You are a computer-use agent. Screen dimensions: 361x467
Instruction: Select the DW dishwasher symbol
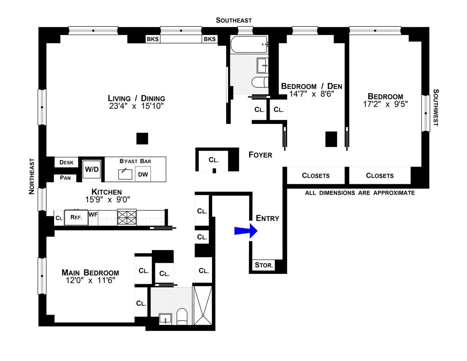coord(143,174)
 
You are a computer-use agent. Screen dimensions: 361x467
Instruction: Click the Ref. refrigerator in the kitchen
coord(76,218)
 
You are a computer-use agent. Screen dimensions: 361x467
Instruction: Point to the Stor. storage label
coord(264,266)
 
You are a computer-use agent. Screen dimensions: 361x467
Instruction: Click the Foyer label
coord(260,155)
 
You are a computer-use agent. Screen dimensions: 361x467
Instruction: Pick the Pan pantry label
coord(65,178)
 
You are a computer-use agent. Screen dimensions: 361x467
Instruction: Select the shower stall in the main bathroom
coord(203,306)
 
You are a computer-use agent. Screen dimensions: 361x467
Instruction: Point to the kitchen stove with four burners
coord(127,218)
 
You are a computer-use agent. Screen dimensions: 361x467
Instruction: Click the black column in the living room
coord(142,139)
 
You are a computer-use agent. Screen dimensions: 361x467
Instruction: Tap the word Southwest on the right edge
coord(435,107)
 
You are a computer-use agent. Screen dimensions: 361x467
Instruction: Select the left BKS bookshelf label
coord(152,39)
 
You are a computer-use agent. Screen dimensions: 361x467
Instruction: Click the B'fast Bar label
coord(135,161)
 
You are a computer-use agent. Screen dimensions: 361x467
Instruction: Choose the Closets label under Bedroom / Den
coord(316,176)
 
